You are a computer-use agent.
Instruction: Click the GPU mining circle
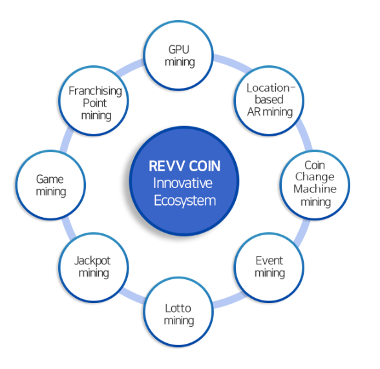coord(178,56)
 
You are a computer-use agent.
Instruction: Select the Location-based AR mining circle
coord(269,101)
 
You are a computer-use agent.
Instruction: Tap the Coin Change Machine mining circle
coord(315,185)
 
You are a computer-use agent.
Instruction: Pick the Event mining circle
coord(269,268)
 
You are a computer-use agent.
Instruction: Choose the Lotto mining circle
coord(178,312)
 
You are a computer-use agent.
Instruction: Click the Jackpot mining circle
coord(94,268)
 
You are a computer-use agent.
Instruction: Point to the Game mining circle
coord(50,185)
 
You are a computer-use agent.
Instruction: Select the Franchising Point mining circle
coord(94,101)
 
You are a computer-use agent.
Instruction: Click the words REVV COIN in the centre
coord(184,166)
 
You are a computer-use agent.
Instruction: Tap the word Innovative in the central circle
coord(183,183)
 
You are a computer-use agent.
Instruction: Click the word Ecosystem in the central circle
coord(185,201)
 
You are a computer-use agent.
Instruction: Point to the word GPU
coord(178,49)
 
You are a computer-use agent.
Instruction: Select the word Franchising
coord(95,91)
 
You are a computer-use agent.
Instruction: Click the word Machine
coord(315,189)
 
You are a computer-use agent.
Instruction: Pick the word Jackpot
coord(92,261)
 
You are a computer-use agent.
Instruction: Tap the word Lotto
coord(178,308)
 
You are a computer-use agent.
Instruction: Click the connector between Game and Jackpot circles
coord(68,227)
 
